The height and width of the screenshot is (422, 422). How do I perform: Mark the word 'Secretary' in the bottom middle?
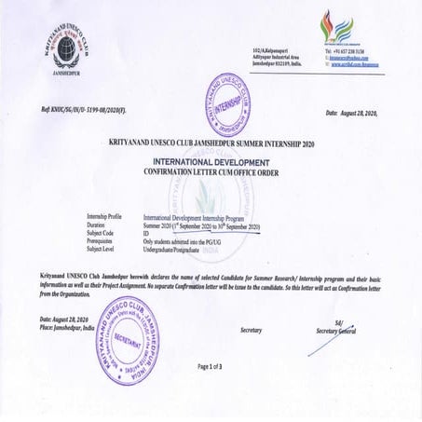click(x=251, y=330)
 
